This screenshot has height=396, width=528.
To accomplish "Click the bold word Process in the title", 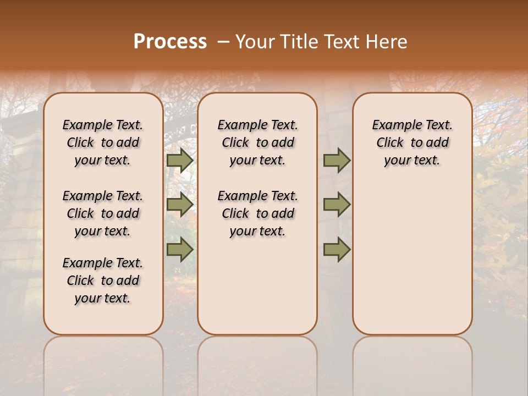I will pyautogui.click(x=170, y=42).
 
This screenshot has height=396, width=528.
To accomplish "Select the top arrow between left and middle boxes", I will pyautogui.click(x=180, y=160).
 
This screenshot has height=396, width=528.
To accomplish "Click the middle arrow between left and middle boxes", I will pyautogui.click(x=180, y=205).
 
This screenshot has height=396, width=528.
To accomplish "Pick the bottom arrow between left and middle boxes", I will pyautogui.click(x=180, y=250).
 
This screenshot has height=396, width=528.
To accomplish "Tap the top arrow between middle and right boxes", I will pyautogui.click(x=337, y=160).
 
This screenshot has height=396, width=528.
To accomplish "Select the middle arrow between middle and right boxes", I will pyautogui.click(x=337, y=205).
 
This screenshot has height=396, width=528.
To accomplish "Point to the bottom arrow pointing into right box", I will pyautogui.click(x=337, y=250).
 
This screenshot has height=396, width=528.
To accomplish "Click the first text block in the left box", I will pyautogui.click(x=103, y=142).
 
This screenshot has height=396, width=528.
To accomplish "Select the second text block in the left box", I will pyautogui.click(x=103, y=213).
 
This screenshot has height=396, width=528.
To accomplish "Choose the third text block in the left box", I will pyautogui.click(x=103, y=280).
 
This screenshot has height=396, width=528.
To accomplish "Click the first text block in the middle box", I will pyautogui.click(x=257, y=142).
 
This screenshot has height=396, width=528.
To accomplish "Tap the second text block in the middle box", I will pyautogui.click(x=257, y=213).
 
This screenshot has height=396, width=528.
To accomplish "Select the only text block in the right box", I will pyautogui.click(x=413, y=142).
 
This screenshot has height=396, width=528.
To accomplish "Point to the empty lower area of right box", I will pyautogui.click(x=413, y=258).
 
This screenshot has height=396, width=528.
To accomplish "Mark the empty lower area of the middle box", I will pyautogui.click(x=257, y=286).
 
